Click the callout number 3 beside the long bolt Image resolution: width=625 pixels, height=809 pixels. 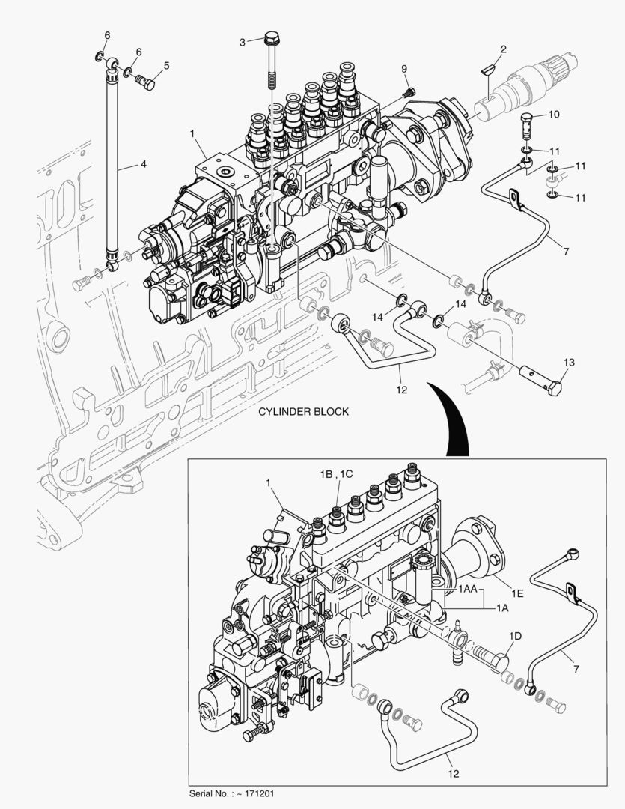point(242,43)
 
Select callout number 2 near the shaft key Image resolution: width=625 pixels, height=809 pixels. point(503,49)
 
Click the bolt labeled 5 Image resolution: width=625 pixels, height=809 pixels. point(147,83)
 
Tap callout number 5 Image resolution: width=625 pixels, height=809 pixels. point(166,65)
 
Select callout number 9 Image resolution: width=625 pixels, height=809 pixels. point(404,69)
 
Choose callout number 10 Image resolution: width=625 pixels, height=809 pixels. point(554,115)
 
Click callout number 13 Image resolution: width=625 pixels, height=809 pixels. point(569,363)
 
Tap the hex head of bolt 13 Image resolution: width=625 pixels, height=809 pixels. point(553,390)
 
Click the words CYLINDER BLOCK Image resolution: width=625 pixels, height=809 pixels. point(303,412)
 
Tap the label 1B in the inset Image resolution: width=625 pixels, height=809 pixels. point(326,474)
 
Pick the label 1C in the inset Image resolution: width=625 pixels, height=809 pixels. point(346,474)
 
